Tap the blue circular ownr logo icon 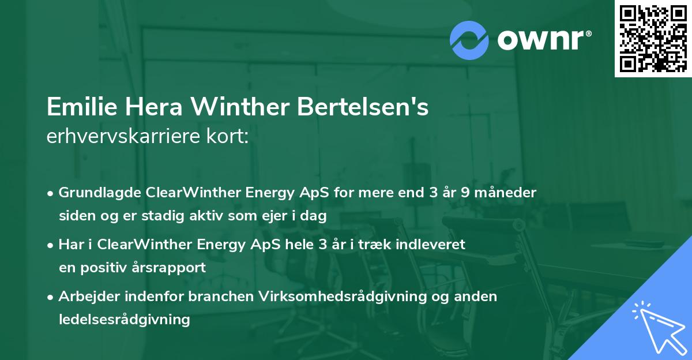pyautogui.click(x=469, y=40)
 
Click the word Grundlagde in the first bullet pyautogui.click(x=96, y=193)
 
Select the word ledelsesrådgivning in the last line pyautogui.click(x=124, y=320)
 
